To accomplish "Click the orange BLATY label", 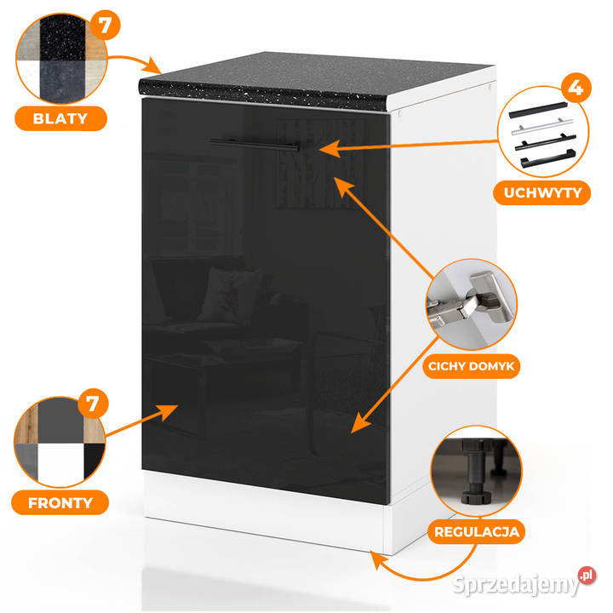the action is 60,118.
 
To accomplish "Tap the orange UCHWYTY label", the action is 541,192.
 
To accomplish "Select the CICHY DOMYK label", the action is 471,366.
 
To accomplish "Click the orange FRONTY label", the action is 60,503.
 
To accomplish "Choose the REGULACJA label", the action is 476,531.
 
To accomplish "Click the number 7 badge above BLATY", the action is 105,25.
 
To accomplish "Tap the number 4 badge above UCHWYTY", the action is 576,88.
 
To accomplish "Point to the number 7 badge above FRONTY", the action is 93,404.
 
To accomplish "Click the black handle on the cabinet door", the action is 255,144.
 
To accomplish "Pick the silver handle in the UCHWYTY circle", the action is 542,127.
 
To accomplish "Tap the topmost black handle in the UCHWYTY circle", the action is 538,110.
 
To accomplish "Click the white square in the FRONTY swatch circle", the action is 61,463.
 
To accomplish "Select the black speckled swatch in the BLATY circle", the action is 62,37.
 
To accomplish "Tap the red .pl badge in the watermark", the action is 587,576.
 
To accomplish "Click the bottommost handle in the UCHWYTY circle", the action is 548,158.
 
